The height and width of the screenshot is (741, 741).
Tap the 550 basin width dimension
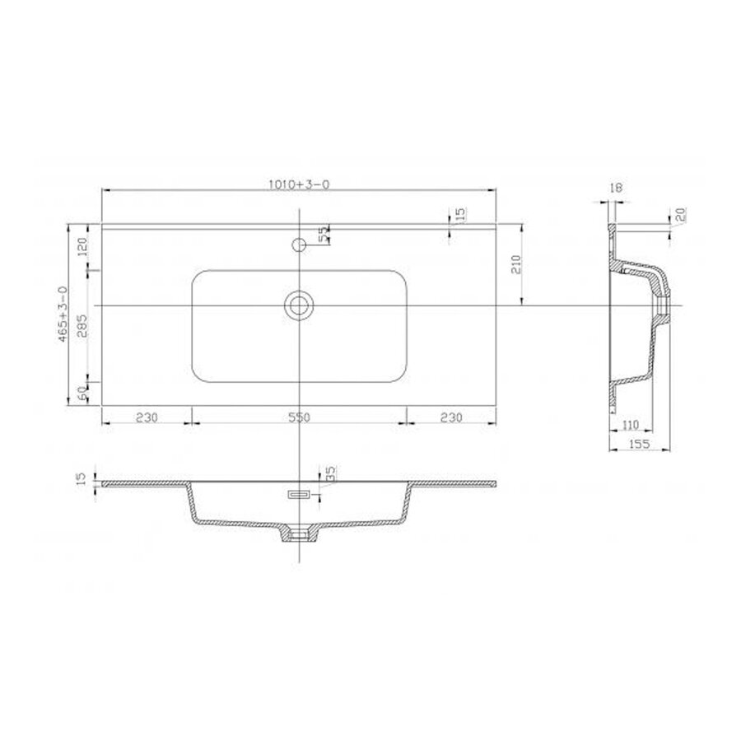click(x=298, y=417)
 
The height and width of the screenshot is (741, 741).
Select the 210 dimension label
click(x=516, y=263)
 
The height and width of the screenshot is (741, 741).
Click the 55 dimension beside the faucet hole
click(x=324, y=233)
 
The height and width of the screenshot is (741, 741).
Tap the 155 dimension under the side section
click(x=639, y=445)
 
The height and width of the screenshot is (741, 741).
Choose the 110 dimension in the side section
click(x=631, y=426)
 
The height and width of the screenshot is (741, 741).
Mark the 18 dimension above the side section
click(x=617, y=189)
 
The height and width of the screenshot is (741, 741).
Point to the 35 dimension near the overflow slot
click(x=330, y=473)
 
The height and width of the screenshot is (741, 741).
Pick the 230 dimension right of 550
click(x=450, y=417)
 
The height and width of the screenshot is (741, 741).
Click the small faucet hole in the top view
click(x=299, y=244)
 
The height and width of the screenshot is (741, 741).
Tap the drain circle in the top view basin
click(x=299, y=305)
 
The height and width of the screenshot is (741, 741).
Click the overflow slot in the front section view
click(x=296, y=494)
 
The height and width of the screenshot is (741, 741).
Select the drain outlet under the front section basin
click(x=299, y=534)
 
